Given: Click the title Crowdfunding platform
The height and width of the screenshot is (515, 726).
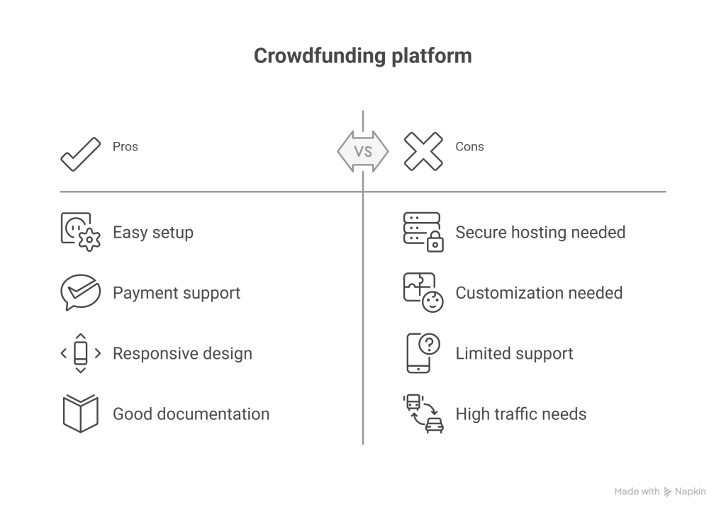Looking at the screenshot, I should [x=362, y=56].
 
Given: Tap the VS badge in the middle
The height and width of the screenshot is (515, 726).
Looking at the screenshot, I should [x=363, y=151].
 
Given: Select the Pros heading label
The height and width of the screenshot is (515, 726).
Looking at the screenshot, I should [x=125, y=147].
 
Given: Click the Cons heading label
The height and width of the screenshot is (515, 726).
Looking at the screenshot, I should [x=469, y=147].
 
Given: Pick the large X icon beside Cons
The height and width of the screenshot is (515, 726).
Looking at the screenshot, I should [x=423, y=151].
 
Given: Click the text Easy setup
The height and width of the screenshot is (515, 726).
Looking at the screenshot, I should [x=153, y=233].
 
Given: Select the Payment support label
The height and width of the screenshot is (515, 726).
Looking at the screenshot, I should [x=177, y=293].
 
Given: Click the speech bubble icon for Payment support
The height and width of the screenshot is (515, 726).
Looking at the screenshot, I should [x=80, y=292].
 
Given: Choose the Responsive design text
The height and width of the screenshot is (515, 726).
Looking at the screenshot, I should [x=182, y=353].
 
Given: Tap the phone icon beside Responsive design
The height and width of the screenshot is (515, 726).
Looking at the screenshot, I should [x=80, y=353].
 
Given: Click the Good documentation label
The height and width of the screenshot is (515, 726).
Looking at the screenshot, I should [x=191, y=414].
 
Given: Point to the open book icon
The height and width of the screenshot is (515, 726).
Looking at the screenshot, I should [x=80, y=414].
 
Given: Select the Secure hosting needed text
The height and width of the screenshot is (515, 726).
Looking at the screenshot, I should [x=540, y=233].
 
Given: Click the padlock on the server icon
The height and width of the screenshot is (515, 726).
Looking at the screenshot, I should [x=435, y=243].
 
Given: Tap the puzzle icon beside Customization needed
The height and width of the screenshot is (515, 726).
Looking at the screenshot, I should [x=418, y=288].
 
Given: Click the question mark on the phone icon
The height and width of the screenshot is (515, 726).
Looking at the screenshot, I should [x=430, y=345].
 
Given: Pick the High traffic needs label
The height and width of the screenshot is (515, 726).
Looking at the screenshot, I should [x=521, y=414].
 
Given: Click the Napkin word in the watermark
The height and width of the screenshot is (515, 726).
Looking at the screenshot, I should [x=691, y=492].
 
